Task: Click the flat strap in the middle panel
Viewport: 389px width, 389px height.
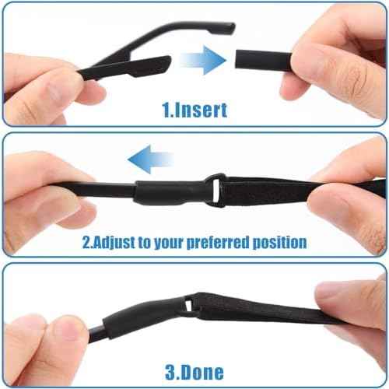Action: point(272,191)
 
